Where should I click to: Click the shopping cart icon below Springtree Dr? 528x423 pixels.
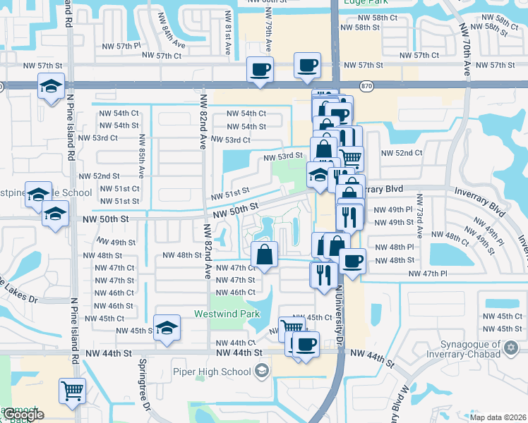point(73,390)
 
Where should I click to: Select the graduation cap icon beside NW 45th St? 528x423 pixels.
point(167,327)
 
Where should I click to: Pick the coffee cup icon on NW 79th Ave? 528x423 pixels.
point(260,69)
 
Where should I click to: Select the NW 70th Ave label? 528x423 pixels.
point(467,49)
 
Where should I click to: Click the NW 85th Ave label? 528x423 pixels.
point(141,156)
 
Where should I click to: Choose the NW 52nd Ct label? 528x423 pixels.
point(401,152)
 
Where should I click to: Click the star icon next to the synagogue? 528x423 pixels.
point(510,347)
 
